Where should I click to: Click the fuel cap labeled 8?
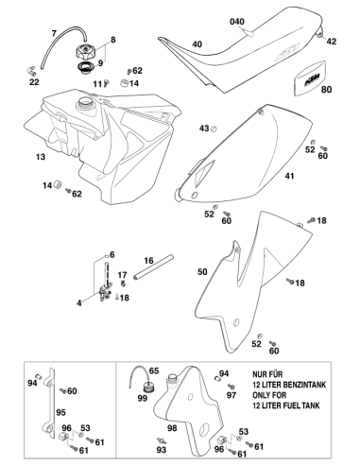point(84,51)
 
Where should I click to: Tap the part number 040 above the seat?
point(237,22)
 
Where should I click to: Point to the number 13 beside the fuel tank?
point(41,157)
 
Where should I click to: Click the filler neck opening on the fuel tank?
point(85,102)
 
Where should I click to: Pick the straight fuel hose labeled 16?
point(153,267)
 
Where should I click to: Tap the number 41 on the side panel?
point(289,176)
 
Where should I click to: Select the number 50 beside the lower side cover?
point(202,271)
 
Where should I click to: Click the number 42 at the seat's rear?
point(332,42)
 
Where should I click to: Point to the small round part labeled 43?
point(214,129)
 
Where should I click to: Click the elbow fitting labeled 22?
point(31,71)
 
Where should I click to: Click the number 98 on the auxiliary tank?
point(172,428)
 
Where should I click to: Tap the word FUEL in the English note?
point(285,405)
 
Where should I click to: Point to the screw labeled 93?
point(162,440)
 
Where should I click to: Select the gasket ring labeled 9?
point(84,68)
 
